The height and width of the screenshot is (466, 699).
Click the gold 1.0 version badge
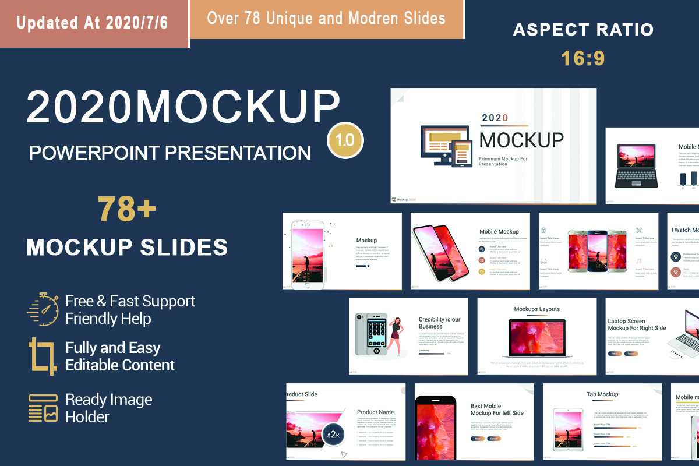pos(345,140)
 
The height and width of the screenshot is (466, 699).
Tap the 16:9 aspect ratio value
pos(583,58)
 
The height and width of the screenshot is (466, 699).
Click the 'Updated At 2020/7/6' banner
pos(93,23)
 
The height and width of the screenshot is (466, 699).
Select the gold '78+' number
pos(127,210)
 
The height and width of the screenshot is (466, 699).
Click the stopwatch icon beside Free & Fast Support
pos(43,309)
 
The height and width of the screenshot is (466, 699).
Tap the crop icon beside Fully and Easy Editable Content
pos(42,355)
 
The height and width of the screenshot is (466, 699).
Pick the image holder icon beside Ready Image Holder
pos(43,408)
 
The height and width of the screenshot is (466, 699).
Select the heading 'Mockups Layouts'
pos(536,309)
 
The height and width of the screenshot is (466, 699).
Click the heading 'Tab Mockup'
pos(602,394)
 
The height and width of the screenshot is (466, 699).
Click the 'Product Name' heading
pos(375,412)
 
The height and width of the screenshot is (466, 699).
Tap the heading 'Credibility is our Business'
pos(439,323)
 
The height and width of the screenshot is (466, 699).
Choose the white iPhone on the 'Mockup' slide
pos(308,255)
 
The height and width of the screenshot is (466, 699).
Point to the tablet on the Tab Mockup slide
pos(567,431)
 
